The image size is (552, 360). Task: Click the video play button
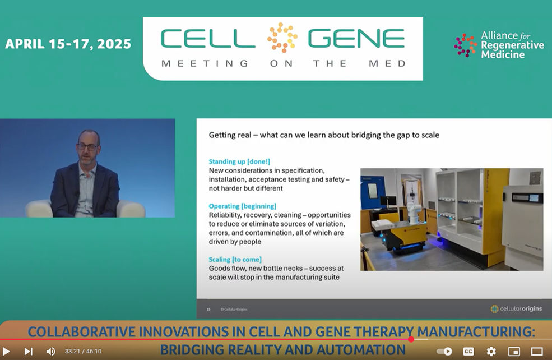click(6, 351)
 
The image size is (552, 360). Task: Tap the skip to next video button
click(29, 351)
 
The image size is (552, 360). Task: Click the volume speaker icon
click(50, 351)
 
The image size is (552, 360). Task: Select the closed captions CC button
click(468, 351)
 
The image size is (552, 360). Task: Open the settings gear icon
click(491, 351)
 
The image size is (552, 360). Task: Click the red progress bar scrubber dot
click(411, 339)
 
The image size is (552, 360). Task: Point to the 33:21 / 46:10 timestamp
click(83, 351)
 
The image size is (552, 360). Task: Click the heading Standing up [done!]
click(239, 161)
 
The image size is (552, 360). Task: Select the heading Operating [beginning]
click(243, 206)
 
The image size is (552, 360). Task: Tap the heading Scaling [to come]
click(235, 260)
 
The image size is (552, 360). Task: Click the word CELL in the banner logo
click(208, 38)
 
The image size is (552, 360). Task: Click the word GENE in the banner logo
click(356, 38)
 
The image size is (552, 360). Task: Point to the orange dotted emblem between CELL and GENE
click(282, 38)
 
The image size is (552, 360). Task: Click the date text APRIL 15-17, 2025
click(68, 44)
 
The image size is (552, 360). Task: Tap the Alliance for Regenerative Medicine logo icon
click(465, 45)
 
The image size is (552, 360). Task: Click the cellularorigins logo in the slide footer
click(517, 309)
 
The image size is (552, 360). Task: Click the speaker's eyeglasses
click(87, 147)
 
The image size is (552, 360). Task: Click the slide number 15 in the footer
click(208, 310)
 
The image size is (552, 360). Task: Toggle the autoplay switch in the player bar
click(444, 351)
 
